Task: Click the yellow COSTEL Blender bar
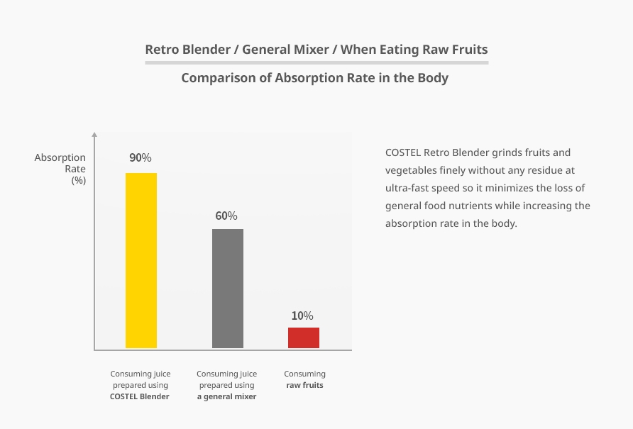point(141,260)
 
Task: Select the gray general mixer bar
point(228,288)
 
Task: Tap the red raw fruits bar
point(304,338)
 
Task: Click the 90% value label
point(141,157)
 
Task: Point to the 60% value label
point(226,216)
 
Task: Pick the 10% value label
point(302,316)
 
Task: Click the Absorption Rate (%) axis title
point(61,169)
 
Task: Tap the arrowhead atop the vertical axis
point(94,134)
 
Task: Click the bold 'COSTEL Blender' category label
point(140,396)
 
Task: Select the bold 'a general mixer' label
point(226,396)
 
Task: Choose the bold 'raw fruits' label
point(304,385)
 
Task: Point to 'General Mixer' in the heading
point(287,50)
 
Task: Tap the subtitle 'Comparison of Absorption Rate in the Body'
point(315,78)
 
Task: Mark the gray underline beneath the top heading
point(316,62)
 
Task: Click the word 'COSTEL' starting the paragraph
point(403,152)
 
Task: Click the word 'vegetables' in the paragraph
point(409,170)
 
